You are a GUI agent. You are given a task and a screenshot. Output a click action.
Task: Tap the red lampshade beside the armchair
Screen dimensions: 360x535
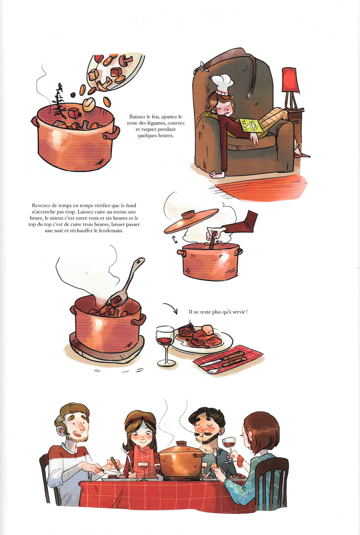pyautogui.click(x=290, y=80)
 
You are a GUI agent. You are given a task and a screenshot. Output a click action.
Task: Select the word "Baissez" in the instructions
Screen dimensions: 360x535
pyautogui.click(x=138, y=117)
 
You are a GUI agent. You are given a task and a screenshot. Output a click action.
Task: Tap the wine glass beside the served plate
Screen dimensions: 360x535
pyautogui.click(x=165, y=345)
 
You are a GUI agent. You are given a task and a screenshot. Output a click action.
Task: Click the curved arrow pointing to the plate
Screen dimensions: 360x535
pyautogui.click(x=171, y=307)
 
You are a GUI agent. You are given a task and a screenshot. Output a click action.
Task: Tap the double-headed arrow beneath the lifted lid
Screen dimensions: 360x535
pyautogui.click(x=175, y=239)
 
